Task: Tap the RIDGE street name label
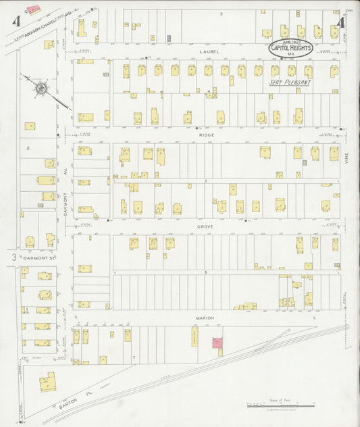point(205,134)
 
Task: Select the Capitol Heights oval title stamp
point(291,47)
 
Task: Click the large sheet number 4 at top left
point(14,22)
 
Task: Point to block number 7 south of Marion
point(134,356)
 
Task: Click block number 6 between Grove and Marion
point(205,272)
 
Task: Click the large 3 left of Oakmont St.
point(13,257)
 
